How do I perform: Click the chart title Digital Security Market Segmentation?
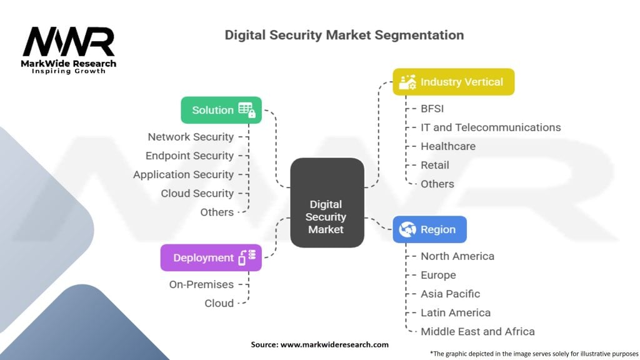[344, 35]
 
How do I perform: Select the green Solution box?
[221, 110]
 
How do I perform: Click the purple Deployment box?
[211, 257]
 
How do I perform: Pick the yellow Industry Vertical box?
[453, 82]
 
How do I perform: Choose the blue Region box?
[429, 229]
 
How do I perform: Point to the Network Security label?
[191, 137]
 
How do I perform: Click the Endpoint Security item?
[189, 156]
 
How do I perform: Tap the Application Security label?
[183, 174]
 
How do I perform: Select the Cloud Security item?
[197, 193]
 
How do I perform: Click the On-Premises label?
[201, 284]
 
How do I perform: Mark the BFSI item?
[432, 109]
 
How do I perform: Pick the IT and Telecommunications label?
[491, 127]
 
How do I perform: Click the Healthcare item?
[448, 146]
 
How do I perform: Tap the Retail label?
[435, 165]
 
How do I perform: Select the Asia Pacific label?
[450, 294]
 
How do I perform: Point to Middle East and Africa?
[477, 331]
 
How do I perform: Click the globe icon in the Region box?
[407, 229]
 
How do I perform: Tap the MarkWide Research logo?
[69, 50]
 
